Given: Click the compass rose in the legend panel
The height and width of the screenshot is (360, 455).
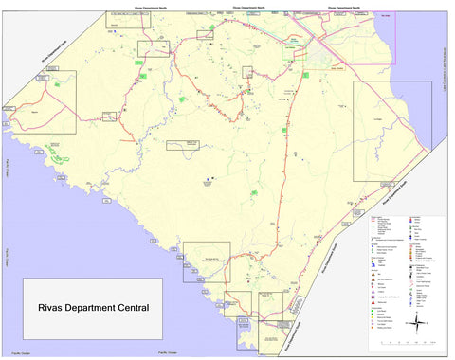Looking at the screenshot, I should (418, 324).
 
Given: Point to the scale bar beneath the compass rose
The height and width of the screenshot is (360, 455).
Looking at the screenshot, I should (418, 343).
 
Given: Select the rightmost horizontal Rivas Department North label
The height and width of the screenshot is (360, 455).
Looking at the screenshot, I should (342, 7).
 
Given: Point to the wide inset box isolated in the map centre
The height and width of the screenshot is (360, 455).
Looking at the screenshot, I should (184, 145).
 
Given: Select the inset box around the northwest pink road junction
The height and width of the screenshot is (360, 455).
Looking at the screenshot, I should (153, 48).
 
